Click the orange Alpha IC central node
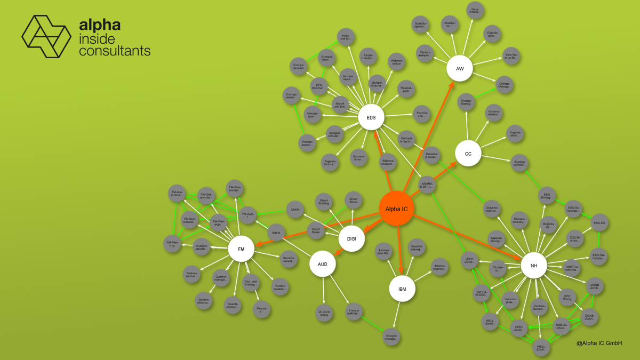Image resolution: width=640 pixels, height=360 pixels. [x=397, y=209]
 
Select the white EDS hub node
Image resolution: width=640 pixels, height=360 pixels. [x=371, y=117]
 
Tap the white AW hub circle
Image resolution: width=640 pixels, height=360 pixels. [x=460, y=69]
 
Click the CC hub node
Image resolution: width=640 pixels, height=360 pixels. [x=468, y=154]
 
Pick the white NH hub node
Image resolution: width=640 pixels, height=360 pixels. [x=534, y=265]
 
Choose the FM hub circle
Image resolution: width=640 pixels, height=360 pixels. [x=241, y=249]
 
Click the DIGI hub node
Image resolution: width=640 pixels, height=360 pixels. [x=351, y=238]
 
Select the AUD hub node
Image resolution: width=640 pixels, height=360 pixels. [x=323, y=264]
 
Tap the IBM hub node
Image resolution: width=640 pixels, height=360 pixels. [x=402, y=289]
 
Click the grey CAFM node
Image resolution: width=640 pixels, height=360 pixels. [x=295, y=210]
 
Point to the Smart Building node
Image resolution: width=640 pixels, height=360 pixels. [x=323, y=202]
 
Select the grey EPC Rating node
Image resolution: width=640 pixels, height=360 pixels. [x=567, y=297]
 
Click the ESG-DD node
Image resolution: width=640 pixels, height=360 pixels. [x=599, y=222]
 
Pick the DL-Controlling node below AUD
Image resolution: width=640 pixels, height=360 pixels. [x=324, y=313]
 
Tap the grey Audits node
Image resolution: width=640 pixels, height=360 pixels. [x=276, y=233]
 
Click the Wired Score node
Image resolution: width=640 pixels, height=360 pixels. [x=315, y=230]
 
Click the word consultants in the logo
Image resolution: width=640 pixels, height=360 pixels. [x=114, y=51]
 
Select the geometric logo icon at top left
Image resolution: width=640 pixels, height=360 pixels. [x=46, y=36]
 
